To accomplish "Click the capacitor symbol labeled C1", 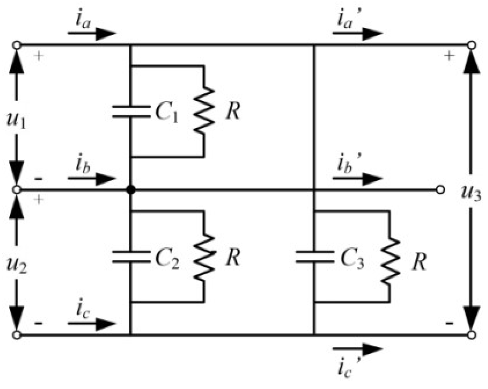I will pyautogui.click(x=131, y=111).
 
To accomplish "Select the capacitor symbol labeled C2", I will pyautogui.click(x=131, y=256).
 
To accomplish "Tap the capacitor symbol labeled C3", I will pyautogui.click(x=314, y=256).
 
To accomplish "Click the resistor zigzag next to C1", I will pyautogui.click(x=204, y=111).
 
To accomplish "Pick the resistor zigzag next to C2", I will pyautogui.click(x=204, y=256).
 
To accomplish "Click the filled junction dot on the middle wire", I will pyautogui.click(x=131, y=189).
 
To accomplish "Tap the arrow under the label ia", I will pyautogui.click(x=91, y=34).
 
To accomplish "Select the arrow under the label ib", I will pyautogui.click(x=91, y=178).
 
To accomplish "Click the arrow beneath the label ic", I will pyautogui.click(x=91, y=324).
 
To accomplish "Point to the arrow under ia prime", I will pyautogui.click(x=357, y=34).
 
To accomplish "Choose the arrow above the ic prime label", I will pyautogui.click(x=357, y=349).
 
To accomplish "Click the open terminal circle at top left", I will pyautogui.click(x=16, y=45).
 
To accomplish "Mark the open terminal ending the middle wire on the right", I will pyautogui.click(x=440, y=189).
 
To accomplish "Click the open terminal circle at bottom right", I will pyautogui.click(x=472, y=335).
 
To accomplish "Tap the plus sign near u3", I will pyautogui.click(x=449, y=56).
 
